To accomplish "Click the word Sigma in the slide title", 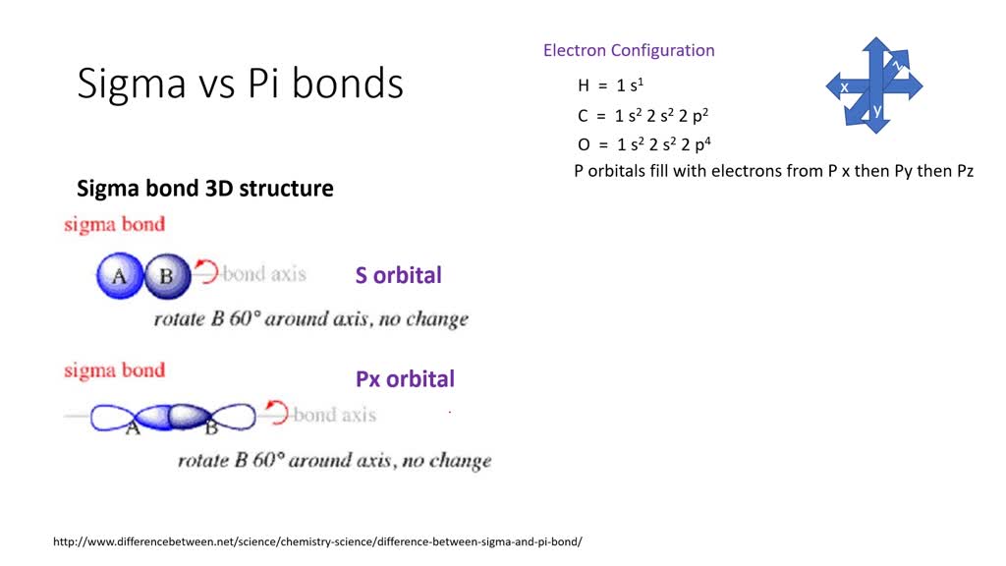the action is pos(132,85).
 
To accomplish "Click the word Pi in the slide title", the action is pos(263,83).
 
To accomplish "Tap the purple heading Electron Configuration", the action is pos(629,50).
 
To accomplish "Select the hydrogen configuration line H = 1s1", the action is pos(610,85).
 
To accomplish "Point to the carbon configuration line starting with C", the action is pos(643,115).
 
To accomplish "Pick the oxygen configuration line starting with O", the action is pos(644,143).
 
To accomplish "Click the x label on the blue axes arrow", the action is pos(844,86).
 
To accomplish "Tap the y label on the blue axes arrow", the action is pos(877,110).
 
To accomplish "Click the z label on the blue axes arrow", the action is pos(897,64).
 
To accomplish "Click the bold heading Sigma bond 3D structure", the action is pos(205,188).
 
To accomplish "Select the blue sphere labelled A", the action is pos(119,276).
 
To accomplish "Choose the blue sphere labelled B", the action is pos(167,276).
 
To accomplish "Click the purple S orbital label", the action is pos(399,275).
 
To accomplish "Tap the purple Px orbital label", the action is pos(405,378).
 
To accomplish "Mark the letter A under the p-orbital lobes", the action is pos(133,428).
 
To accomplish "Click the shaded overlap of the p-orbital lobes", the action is pos(172,417).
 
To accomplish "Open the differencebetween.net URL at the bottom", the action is pos(317,541).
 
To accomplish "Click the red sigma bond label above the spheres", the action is pos(114,225).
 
